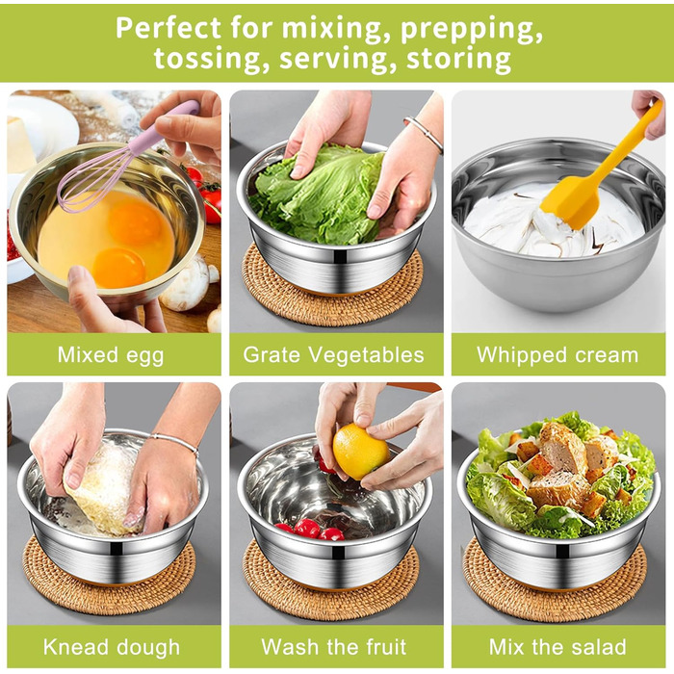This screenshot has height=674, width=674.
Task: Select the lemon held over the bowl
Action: click(x=360, y=452)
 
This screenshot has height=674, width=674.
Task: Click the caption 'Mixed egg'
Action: click(x=111, y=355)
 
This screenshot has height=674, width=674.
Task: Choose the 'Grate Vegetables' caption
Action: click(x=333, y=355)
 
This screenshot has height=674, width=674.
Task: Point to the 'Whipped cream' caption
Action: click(x=557, y=355)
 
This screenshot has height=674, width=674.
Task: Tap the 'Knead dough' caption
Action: click(x=112, y=647)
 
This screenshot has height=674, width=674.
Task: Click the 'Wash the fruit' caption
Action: click(x=333, y=647)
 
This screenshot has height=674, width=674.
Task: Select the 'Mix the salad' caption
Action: click(x=557, y=647)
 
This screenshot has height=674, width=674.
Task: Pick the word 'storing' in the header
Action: click(x=458, y=60)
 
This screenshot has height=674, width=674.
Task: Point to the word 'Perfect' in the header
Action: click(x=168, y=28)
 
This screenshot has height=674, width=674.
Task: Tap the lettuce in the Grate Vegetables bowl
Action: click(x=318, y=194)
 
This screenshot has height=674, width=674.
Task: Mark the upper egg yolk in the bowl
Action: click(x=134, y=222)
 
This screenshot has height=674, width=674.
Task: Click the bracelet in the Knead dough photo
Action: click(x=174, y=443)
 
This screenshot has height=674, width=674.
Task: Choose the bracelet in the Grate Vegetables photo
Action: click(x=424, y=133)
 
